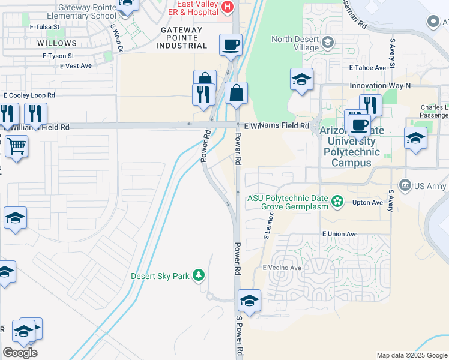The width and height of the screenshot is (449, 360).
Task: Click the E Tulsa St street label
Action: (x=44, y=27)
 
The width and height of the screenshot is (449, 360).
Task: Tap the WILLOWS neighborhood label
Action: (x=57, y=43)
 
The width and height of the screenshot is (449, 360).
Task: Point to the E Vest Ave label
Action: (x=76, y=66)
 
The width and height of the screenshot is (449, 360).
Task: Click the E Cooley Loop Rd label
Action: (x=29, y=95)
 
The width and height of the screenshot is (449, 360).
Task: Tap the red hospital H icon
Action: (x=227, y=7)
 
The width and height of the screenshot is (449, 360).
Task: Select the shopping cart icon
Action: (x=16, y=145)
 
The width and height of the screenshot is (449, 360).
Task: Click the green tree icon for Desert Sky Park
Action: (x=199, y=276)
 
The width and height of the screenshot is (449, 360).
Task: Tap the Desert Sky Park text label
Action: (x=160, y=277)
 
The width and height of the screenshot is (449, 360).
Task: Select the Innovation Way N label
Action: (x=380, y=86)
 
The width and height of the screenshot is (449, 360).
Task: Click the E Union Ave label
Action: (x=339, y=234)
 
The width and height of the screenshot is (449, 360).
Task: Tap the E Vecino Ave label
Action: (x=280, y=268)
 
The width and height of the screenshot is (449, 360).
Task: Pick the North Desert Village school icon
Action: (x=328, y=41)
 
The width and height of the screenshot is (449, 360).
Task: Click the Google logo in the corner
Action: (x=20, y=353)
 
